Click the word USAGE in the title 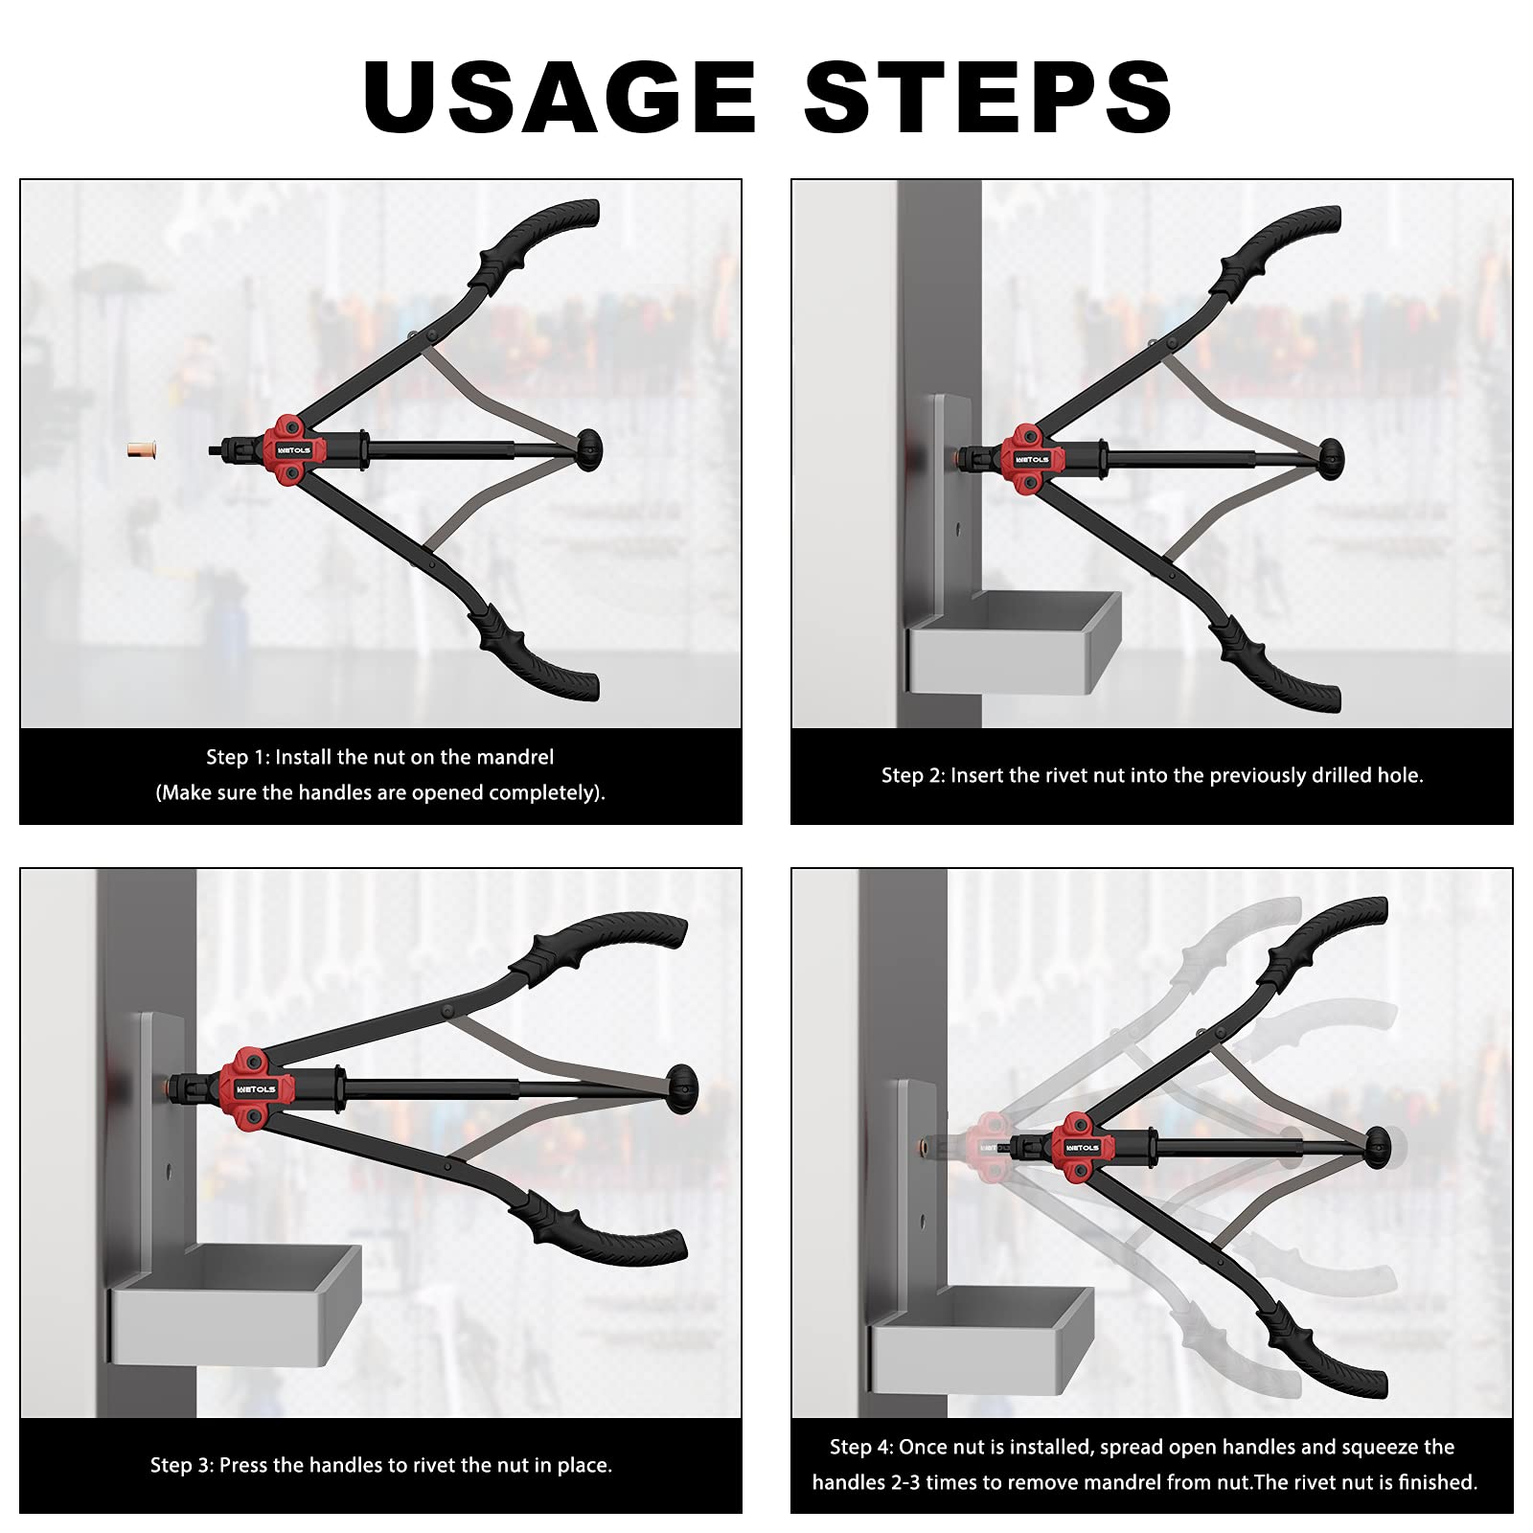(x=561, y=97)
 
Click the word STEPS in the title (x=988, y=97)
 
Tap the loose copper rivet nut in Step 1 (x=142, y=449)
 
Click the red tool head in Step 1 (x=294, y=449)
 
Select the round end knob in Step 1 (x=589, y=449)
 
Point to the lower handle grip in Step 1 (x=537, y=655)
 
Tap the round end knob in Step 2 (x=1331, y=459)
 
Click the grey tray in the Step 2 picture (x=1014, y=642)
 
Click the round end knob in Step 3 (x=683, y=1088)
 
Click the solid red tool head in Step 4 (x=1082, y=1146)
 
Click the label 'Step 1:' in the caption (x=238, y=757)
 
